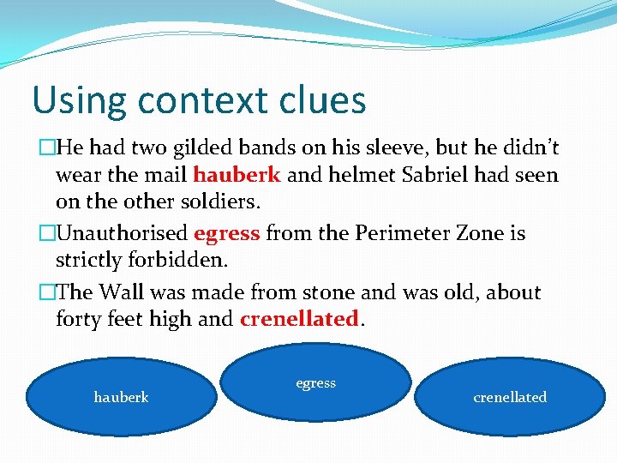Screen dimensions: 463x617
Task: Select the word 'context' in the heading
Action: tap(201, 100)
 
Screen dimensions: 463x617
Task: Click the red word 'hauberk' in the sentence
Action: tap(237, 175)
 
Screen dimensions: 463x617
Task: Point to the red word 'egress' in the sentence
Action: tap(227, 233)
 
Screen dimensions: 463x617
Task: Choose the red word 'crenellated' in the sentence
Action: tap(299, 319)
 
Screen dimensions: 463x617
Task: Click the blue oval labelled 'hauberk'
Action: tap(121, 397)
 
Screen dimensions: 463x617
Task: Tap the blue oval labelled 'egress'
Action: tap(315, 383)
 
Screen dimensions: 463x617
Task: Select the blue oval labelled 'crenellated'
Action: tap(510, 397)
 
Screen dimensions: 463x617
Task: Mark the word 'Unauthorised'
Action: tap(123, 233)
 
